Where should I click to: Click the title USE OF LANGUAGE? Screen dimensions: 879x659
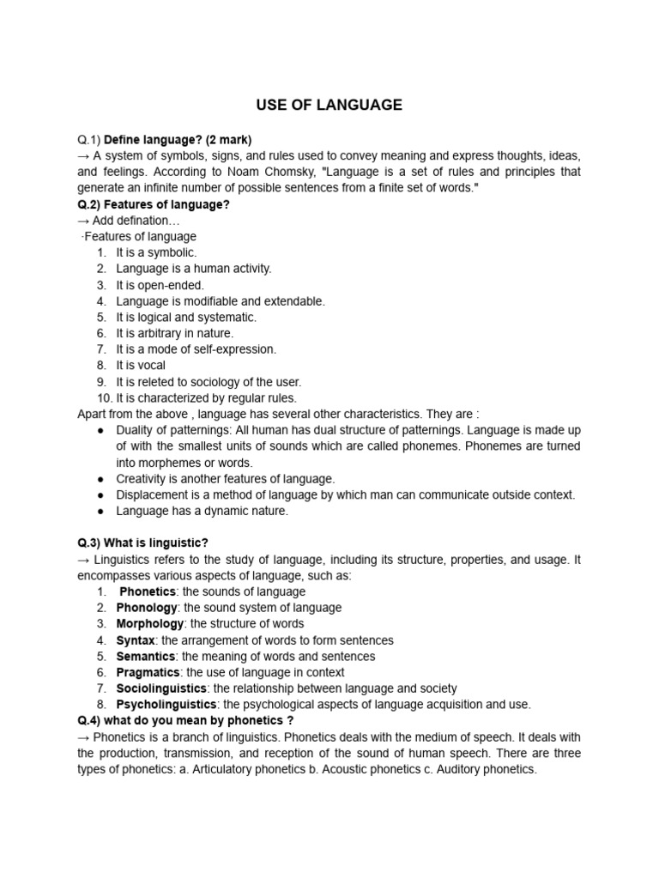click(x=329, y=106)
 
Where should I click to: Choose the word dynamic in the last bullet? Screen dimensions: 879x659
click(x=215, y=511)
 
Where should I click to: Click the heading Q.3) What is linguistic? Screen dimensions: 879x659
click(x=142, y=543)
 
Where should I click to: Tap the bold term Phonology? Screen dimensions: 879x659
click(x=148, y=608)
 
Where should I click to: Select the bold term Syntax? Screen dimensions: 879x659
click(x=136, y=640)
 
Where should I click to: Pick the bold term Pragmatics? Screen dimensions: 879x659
click(x=148, y=672)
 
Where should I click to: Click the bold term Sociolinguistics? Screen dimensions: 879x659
click(x=161, y=688)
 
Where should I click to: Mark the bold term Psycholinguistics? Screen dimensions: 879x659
click(x=166, y=705)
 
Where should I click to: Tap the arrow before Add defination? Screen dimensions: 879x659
click(x=83, y=221)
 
